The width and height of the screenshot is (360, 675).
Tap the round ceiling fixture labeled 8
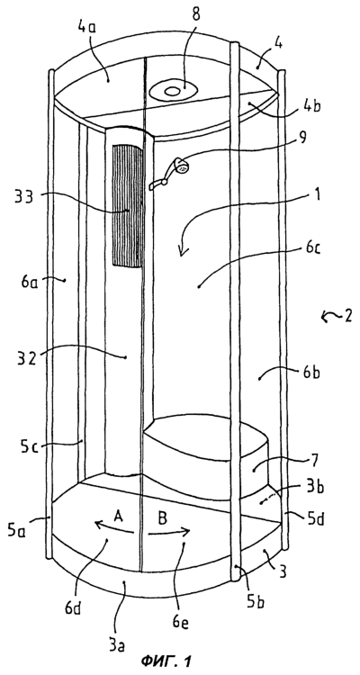point(173,91)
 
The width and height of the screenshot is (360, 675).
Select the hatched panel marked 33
point(128,206)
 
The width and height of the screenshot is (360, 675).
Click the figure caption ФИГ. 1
point(166,661)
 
